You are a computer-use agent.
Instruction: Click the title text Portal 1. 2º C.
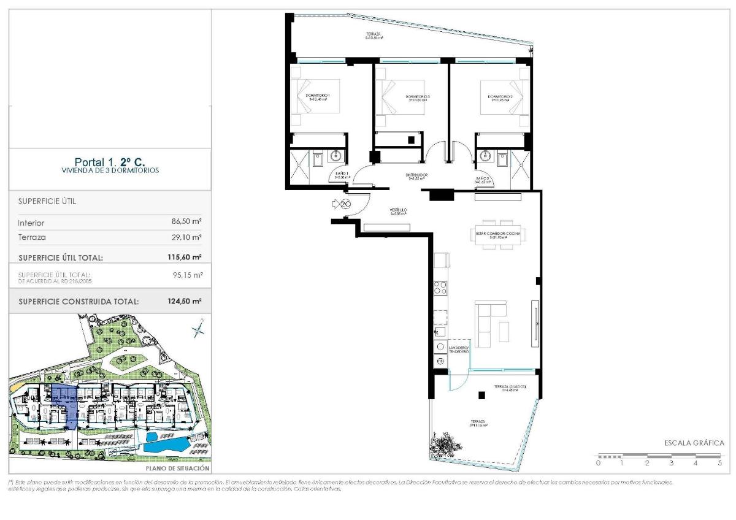click(x=110, y=162)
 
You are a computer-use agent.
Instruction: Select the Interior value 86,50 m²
click(x=187, y=223)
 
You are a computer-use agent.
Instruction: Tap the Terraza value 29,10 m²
click(x=187, y=237)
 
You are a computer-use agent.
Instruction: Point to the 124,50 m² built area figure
click(x=185, y=302)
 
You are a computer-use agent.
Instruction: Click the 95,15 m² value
click(x=188, y=275)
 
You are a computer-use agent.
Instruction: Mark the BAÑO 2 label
click(x=483, y=180)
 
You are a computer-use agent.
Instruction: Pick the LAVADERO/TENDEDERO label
click(x=458, y=350)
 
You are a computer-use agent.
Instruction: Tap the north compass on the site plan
click(x=198, y=330)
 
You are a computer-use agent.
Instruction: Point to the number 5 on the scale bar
click(x=720, y=464)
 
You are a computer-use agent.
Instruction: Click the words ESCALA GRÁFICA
click(x=694, y=443)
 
